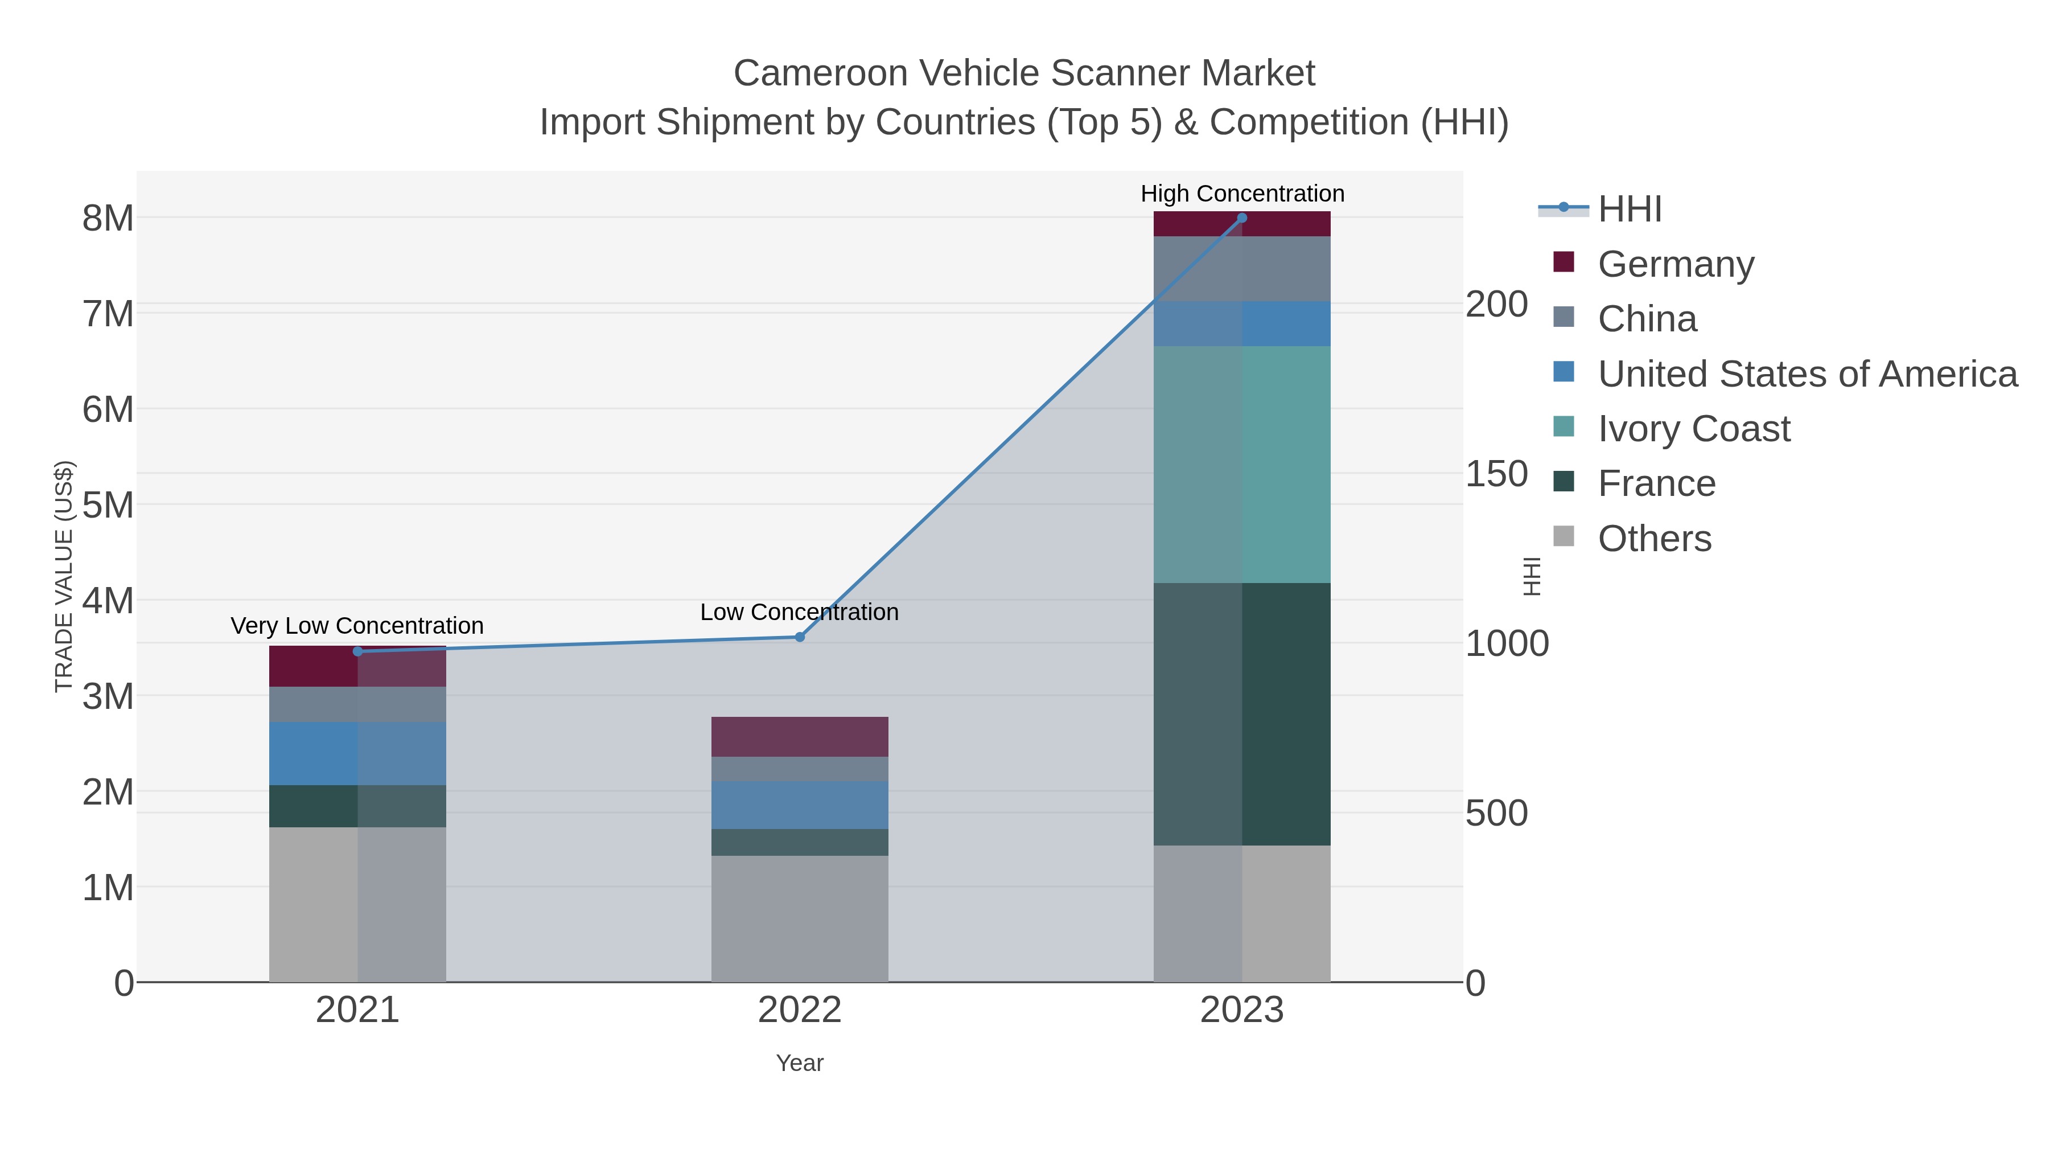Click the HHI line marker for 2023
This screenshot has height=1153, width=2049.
pyautogui.click(x=1242, y=218)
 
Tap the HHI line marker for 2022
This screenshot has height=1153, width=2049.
pyautogui.click(x=800, y=637)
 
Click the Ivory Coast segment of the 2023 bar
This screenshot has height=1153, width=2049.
pyautogui.click(x=1242, y=465)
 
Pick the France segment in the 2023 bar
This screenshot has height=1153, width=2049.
pyautogui.click(x=1242, y=714)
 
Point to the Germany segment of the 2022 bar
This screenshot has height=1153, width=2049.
pyautogui.click(x=800, y=736)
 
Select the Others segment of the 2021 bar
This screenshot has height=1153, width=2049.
pyautogui.click(x=357, y=904)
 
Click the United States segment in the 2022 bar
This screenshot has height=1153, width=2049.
pyautogui.click(x=800, y=805)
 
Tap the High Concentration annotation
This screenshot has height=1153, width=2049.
pyautogui.click(x=1242, y=194)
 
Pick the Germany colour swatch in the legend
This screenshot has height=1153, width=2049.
pyautogui.click(x=1563, y=262)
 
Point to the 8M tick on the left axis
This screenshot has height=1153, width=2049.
pyautogui.click(x=108, y=218)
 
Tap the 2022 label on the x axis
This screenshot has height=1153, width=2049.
pyautogui.click(x=800, y=1010)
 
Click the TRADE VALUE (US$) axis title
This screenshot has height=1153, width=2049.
pyautogui.click(x=64, y=576)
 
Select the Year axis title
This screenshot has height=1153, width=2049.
pyautogui.click(x=800, y=1062)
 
